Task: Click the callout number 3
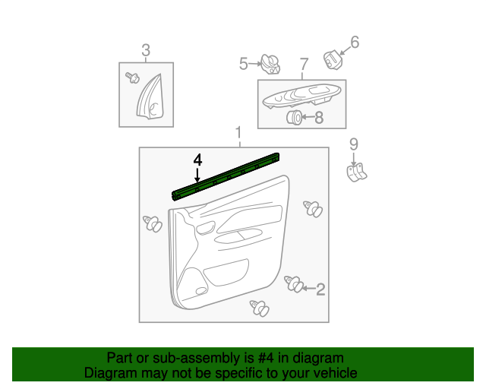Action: point(146,50)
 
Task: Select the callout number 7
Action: point(305,65)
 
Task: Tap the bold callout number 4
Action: point(197,160)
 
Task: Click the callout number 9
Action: point(354,144)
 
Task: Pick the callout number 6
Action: point(355,43)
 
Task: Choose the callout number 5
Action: point(244,64)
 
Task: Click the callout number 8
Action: point(319,118)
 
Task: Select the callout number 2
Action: point(320,289)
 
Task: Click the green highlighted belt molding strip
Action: point(226,177)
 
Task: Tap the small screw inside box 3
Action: point(132,77)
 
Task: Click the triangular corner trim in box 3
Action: point(151,97)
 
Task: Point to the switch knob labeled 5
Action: point(270,65)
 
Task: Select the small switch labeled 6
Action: point(333,59)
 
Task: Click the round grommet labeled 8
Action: point(294,117)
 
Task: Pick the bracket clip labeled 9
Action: point(356,172)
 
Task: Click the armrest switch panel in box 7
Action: point(301,96)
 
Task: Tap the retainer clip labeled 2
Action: point(294,284)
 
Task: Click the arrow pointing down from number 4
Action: point(197,174)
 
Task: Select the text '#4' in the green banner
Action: point(265,358)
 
